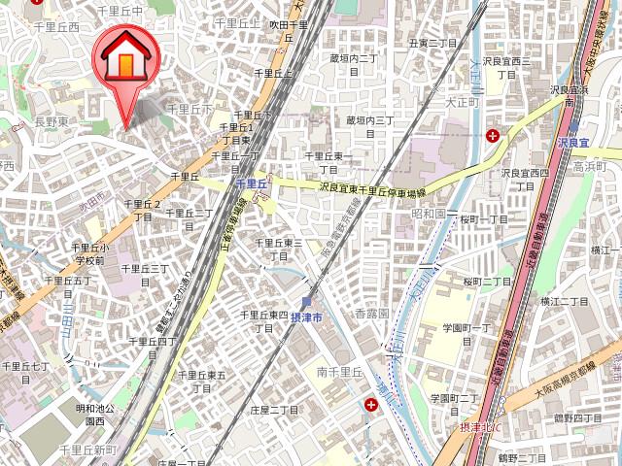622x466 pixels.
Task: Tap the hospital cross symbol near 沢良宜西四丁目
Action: click(496, 135)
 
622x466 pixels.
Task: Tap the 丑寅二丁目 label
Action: click(432, 44)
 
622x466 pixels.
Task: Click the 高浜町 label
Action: click(589, 166)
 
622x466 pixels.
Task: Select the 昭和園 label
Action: click(428, 212)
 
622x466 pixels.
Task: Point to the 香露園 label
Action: click(370, 314)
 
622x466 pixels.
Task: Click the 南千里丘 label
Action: click(337, 372)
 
